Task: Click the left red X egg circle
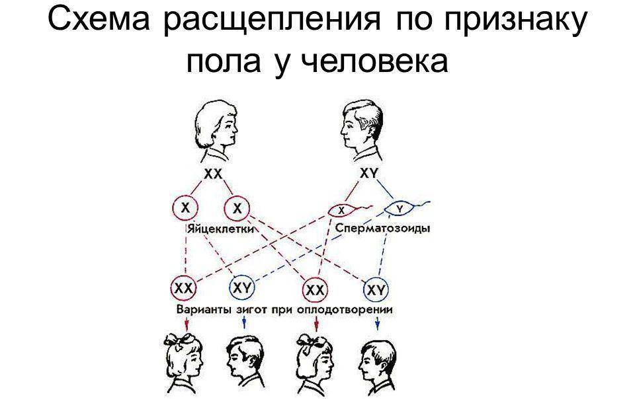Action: (187, 209)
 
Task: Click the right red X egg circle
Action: (236, 209)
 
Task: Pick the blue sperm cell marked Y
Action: (399, 209)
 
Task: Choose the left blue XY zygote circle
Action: (241, 288)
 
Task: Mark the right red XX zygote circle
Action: (316, 289)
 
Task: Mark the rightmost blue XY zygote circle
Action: (376, 289)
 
